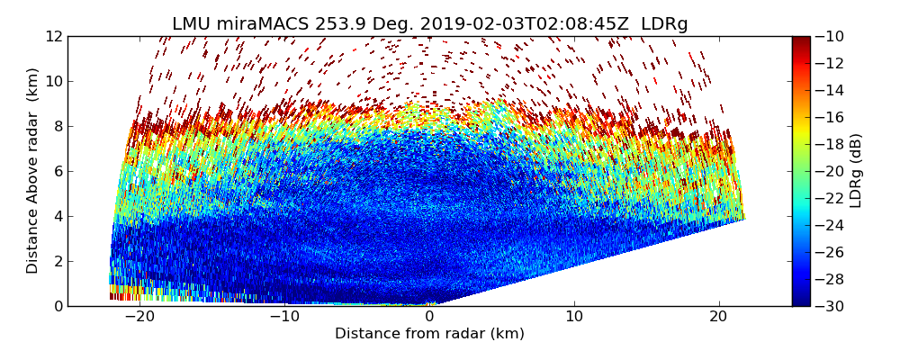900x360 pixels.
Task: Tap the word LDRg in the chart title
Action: [x=664, y=24]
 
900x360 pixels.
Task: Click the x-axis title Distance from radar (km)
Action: [x=429, y=334]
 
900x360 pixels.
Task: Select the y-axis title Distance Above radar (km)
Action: [x=32, y=171]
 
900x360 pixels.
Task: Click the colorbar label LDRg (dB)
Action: [x=856, y=171]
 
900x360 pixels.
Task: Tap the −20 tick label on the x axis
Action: [x=139, y=318]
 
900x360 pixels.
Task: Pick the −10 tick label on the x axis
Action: [x=284, y=318]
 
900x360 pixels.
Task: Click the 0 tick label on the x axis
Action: [x=429, y=318]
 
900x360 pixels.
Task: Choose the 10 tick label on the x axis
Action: [x=574, y=318]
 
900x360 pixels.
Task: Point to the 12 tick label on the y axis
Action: [x=54, y=36]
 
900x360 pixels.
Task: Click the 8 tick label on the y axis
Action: [x=58, y=126]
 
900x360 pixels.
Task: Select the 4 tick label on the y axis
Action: [x=58, y=216]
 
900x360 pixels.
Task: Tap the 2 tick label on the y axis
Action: [x=58, y=261]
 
